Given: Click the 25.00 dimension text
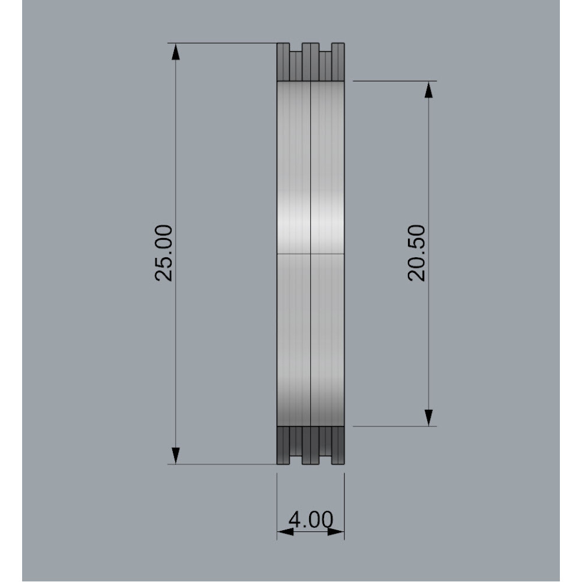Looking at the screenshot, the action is click(164, 253).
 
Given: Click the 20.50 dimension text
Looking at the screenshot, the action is click(417, 253).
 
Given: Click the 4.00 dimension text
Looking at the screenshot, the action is click(311, 519).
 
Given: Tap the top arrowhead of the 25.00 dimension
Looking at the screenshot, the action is click(176, 51).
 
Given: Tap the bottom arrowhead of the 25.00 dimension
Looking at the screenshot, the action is click(176, 456).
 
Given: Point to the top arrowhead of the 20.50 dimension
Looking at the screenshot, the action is click(429, 90).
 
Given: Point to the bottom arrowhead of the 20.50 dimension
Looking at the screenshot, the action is click(429, 418).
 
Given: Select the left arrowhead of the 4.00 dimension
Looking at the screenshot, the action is click(285, 532).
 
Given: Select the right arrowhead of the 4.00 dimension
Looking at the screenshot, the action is click(336, 532).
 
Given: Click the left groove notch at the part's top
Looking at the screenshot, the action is click(296, 47).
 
